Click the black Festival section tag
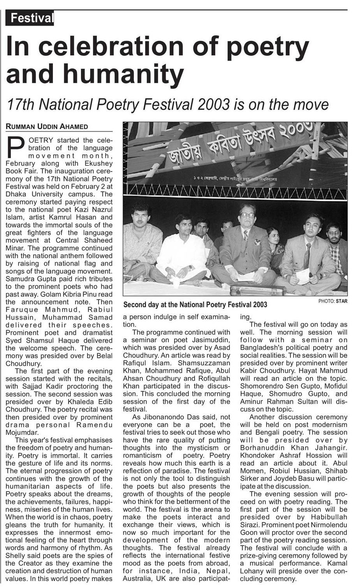tap(30, 18)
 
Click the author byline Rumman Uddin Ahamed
tap(46, 126)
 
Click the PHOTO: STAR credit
tap(333, 301)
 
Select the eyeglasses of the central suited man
tap(247, 214)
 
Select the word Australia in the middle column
tap(138, 578)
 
